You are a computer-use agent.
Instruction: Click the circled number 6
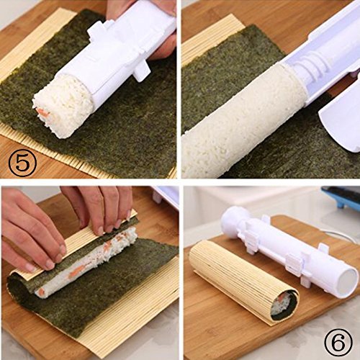click(338, 341)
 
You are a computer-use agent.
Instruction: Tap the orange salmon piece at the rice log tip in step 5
click(42, 112)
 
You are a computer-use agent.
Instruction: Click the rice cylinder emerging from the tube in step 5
click(63, 106)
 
